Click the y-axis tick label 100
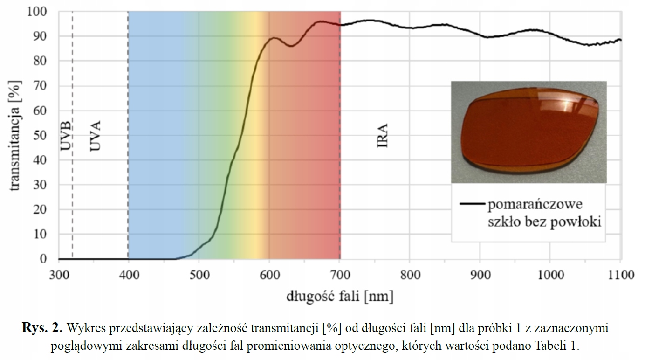coord(37,11)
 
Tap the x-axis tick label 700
coord(340,275)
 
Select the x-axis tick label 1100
coord(619,275)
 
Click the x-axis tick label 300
coord(59,275)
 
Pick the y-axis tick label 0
coord(44,259)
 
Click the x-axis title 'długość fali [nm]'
coord(339,296)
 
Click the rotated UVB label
coord(66,136)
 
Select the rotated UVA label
coord(96,136)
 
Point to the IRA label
coord(383,136)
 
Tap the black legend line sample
coord(472,204)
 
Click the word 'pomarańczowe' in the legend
coord(535,205)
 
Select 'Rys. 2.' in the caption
coord(42,328)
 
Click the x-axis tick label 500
coord(199,275)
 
